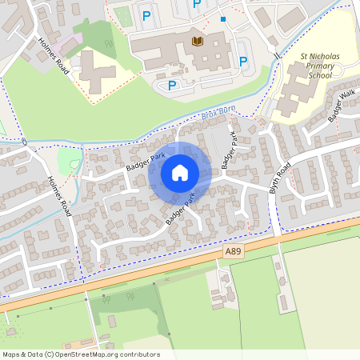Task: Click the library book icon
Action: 197,40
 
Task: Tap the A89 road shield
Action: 232,251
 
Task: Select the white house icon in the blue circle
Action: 180,173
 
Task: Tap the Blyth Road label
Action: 282,176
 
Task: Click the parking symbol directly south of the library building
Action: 171,86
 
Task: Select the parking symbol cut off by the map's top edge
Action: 196,4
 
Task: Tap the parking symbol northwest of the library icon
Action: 146,15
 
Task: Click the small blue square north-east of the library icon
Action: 223,19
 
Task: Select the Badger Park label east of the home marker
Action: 230,150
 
